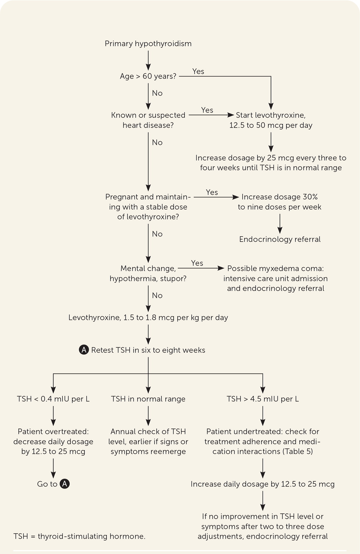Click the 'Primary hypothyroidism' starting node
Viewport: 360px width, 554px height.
click(x=148, y=43)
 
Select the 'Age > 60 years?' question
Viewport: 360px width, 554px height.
click(x=148, y=76)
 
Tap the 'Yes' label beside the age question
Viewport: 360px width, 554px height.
click(x=198, y=71)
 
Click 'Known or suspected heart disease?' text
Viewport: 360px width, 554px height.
click(x=148, y=120)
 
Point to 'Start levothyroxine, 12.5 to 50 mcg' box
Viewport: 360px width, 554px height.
click(x=271, y=120)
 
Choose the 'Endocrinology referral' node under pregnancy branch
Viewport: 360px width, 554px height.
click(x=280, y=239)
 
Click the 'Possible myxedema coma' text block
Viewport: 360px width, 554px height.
click(x=275, y=278)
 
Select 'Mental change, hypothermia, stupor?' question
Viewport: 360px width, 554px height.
click(x=148, y=273)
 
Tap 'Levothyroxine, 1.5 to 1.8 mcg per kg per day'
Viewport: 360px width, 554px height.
click(x=148, y=317)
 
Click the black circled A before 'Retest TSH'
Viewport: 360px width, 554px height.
click(x=84, y=350)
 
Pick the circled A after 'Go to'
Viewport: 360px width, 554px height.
click(x=64, y=484)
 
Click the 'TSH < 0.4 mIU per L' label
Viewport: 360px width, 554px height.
click(x=53, y=399)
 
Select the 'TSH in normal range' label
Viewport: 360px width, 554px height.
click(x=148, y=399)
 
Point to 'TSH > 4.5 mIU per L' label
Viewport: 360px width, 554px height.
click(x=263, y=399)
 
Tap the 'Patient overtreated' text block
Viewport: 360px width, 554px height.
click(x=53, y=442)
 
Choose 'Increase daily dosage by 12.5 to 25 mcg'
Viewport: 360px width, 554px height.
click(x=263, y=484)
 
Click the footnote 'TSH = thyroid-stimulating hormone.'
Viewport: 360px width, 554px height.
click(x=79, y=536)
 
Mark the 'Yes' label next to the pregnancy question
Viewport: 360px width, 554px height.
click(x=212, y=192)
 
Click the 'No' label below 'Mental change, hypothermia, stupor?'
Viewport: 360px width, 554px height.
click(x=157, y=295)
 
